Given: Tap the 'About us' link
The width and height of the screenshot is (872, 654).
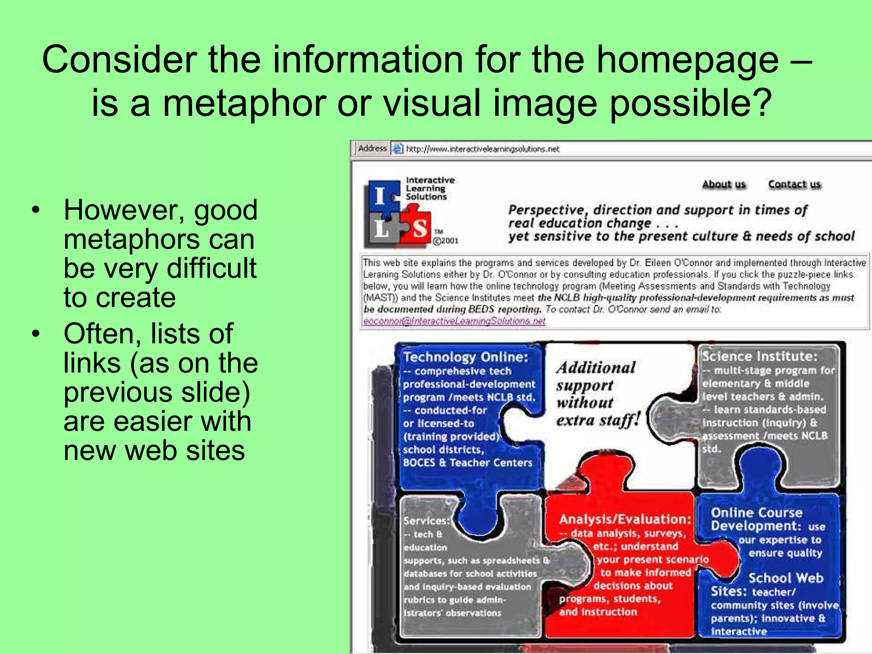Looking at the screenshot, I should pos(724,184).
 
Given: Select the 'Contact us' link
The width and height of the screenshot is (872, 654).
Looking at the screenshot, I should pos(795,184).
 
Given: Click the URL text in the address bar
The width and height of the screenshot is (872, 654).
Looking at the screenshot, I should pos(482,149).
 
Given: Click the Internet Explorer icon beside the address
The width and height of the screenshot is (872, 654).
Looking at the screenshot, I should pos(397,149).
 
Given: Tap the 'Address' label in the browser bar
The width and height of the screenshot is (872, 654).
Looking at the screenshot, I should pos(372,148).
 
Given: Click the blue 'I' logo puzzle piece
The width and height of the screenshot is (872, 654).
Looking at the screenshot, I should pos(381,196).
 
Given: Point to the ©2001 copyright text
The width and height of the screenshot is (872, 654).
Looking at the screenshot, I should pos(446,241).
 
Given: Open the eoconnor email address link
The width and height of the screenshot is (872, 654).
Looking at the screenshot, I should pos(454,321).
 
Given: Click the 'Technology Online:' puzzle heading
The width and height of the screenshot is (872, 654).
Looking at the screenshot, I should pos(465,357).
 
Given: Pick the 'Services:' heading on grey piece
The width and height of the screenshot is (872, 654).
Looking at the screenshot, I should pos(426,521).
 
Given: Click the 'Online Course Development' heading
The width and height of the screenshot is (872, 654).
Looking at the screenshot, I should pos(757,519).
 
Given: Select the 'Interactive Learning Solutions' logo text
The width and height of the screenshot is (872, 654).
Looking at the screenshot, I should pos(430,188).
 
